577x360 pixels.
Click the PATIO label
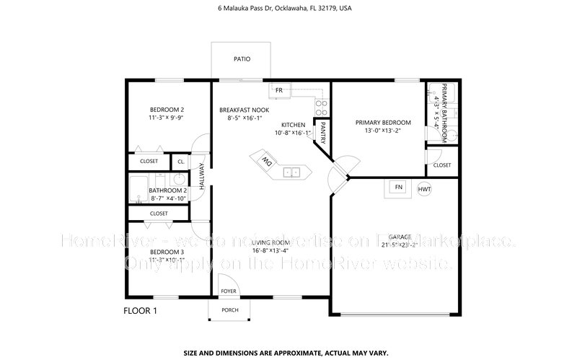[241, 60]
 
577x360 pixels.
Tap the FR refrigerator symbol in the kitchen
[278, 90]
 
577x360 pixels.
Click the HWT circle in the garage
[424, 189]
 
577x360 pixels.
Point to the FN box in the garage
[397, 188]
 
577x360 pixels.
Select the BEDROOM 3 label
[167, 251]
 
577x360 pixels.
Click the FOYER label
[229, 291]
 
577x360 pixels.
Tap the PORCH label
[229, 310]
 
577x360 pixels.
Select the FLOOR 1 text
[140, 311]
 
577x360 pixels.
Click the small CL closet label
[181, 162]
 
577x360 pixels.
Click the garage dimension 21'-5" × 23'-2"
[400, 245]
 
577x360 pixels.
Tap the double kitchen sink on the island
[292, 172]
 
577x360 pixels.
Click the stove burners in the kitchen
[322, 107]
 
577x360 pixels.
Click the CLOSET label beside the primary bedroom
[442, 165]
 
